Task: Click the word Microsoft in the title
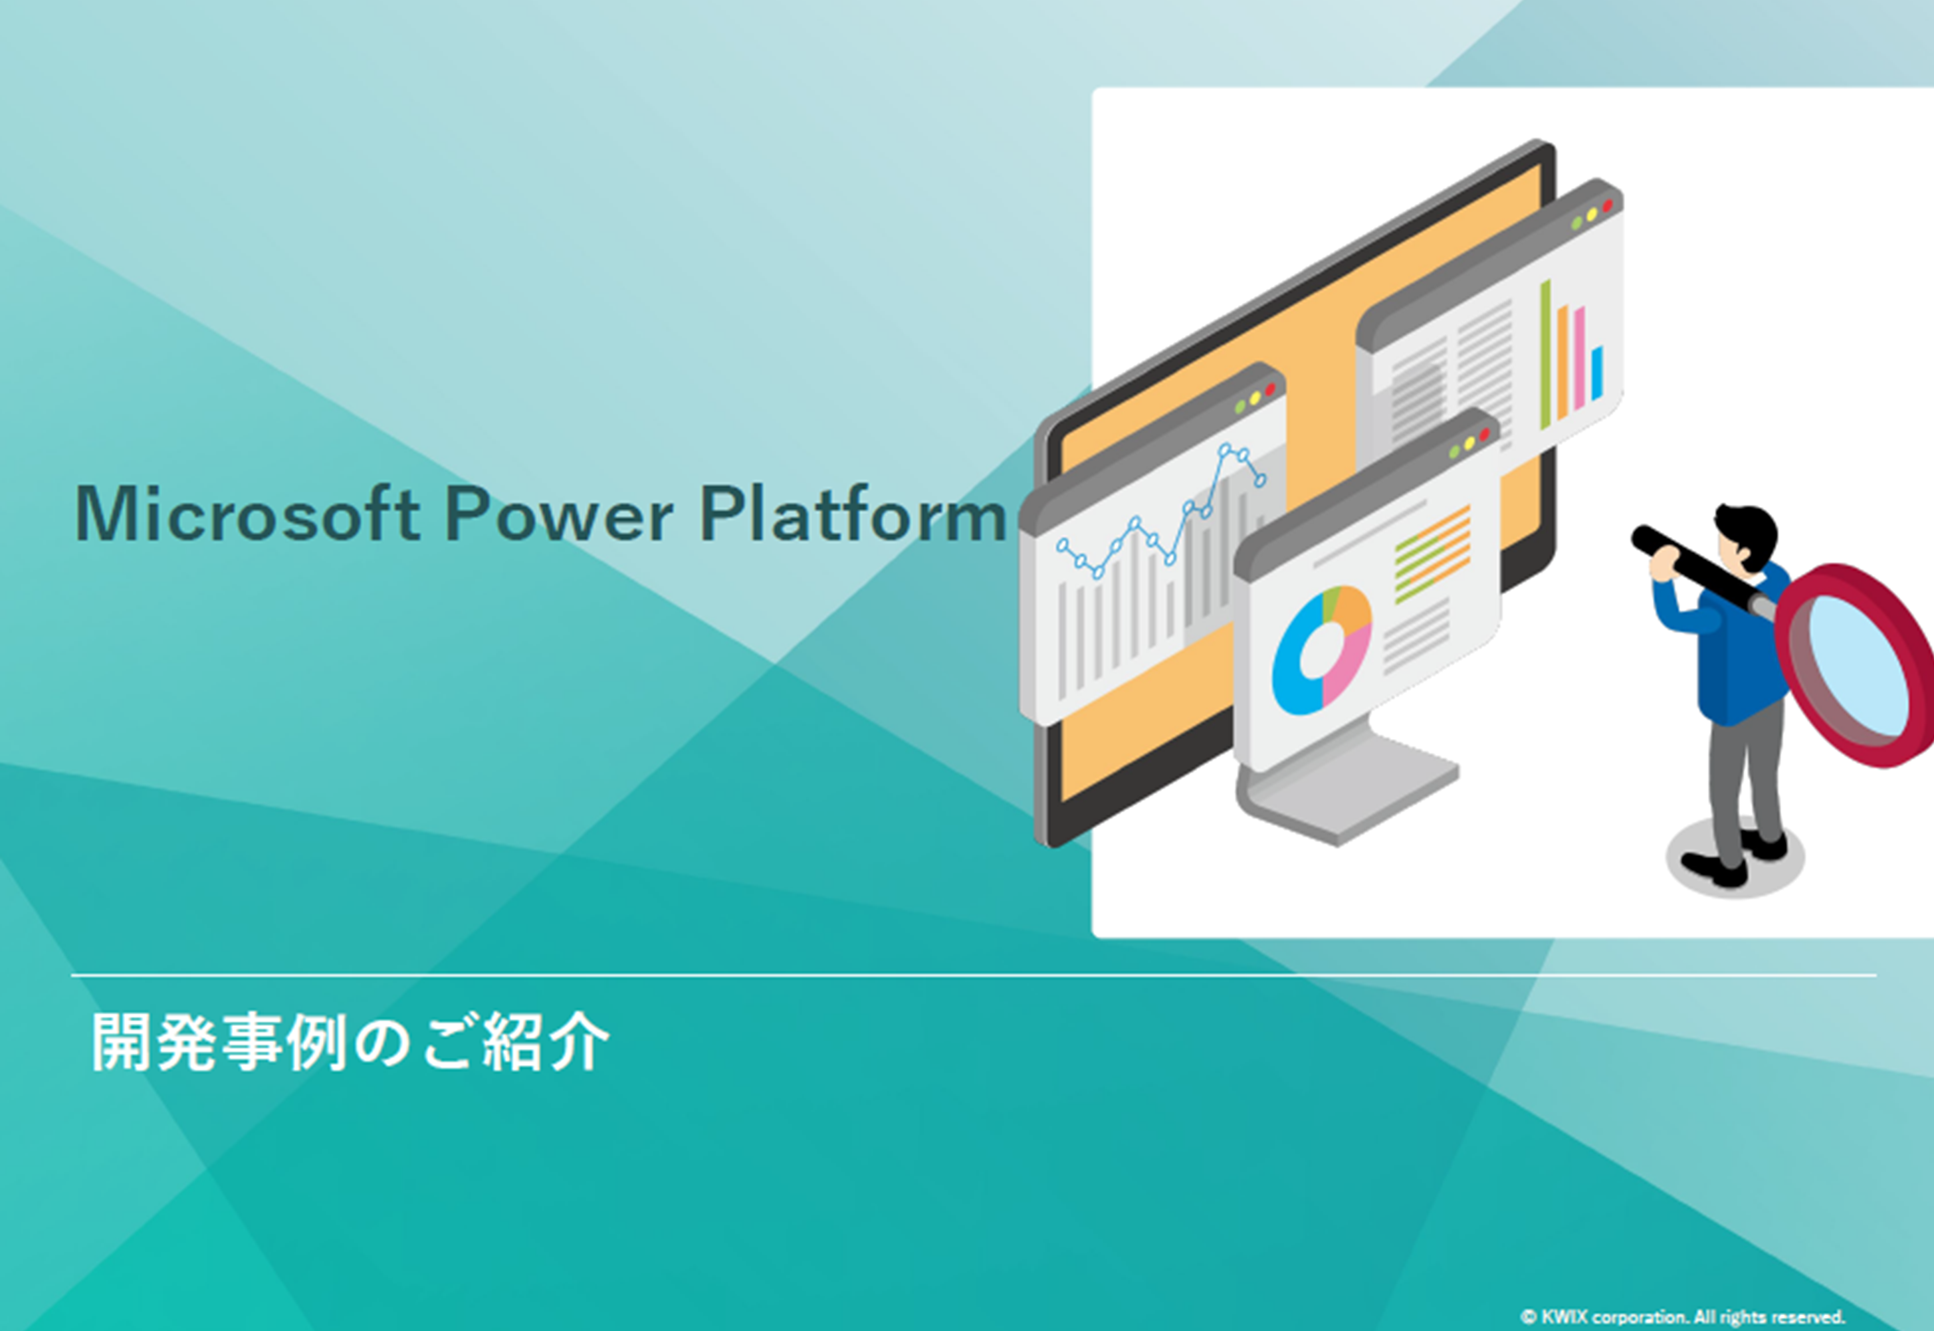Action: point(247,514)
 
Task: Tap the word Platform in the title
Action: point(852,514)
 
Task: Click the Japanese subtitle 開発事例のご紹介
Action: point(350,1043)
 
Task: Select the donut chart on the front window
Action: point(1322,651)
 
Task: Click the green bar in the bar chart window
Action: point(1545,354)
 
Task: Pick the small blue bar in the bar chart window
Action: point(1597,373)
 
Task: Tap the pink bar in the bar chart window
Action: point(1578,359)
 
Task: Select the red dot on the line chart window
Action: point(1270,389)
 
